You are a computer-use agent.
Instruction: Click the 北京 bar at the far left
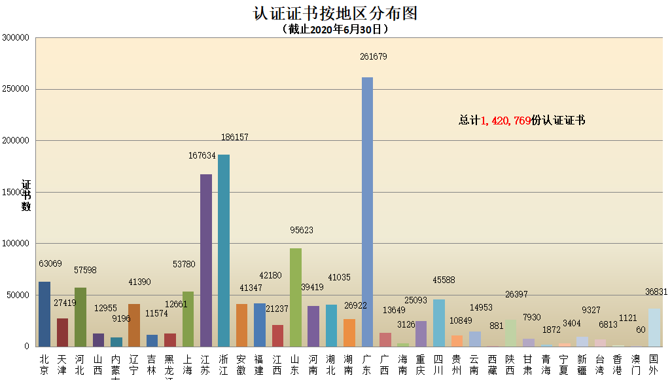(x=44, y=314)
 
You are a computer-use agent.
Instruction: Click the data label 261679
(x=374, y=57)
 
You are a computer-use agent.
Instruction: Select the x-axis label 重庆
(x=421, y=365)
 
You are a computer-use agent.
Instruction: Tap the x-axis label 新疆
(x=582, y=365)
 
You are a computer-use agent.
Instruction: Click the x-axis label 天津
(x=62, y=365)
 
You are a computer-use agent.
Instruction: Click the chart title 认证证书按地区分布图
(x=335, y=12)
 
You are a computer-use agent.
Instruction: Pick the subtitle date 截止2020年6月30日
(x=335, y=29)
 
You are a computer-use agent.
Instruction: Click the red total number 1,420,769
(x=505, y=121)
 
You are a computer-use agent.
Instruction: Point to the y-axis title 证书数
(x=26, y=195)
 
